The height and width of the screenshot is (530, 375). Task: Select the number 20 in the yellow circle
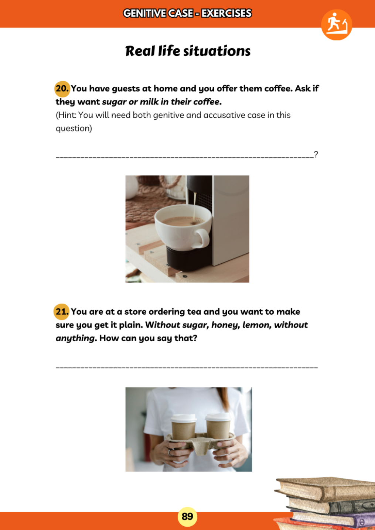[62, 89]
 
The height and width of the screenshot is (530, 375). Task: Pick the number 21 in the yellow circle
[62, 312]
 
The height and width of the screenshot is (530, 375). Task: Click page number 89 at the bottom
[187, 516]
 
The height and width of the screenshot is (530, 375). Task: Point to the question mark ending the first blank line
[316, 154]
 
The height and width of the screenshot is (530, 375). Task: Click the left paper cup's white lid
[184, 418]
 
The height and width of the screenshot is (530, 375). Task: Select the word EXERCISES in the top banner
[226, 13]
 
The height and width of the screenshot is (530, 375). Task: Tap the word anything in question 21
[75, 339]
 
